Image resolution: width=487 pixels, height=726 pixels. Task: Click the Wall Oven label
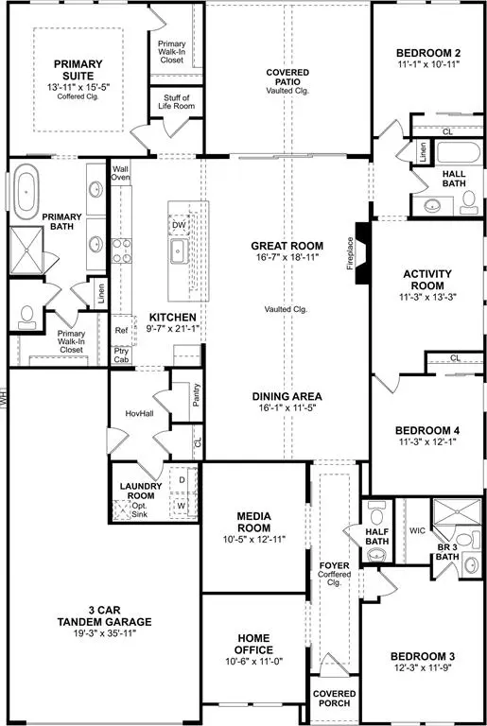point(120,173)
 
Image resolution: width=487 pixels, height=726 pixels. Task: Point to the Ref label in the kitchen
point(120,331)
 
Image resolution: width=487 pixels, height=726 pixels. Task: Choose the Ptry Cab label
point(121,354)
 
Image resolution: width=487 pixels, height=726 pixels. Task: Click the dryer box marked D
point(180,480)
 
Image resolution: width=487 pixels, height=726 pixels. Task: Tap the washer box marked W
point(180,508)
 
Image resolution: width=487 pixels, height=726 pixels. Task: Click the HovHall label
point(139,414)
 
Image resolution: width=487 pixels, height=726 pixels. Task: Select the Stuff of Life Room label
point(176,103)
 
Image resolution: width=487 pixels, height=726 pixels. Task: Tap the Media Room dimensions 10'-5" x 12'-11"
point(253,540)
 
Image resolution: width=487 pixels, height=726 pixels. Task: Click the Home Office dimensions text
point(253,664)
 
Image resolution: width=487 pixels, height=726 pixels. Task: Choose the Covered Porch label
point(335,698)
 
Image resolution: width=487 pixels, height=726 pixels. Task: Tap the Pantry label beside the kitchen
point(196,394)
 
